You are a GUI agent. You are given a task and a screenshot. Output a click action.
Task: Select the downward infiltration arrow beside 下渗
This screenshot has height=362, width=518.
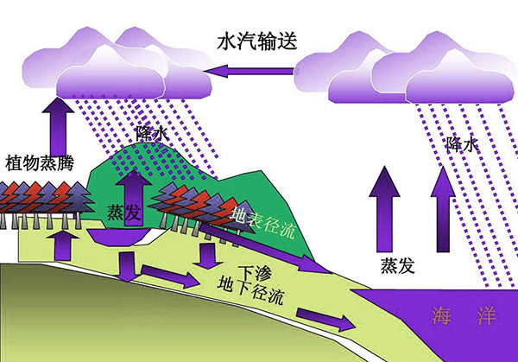(x=206, y=256)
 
